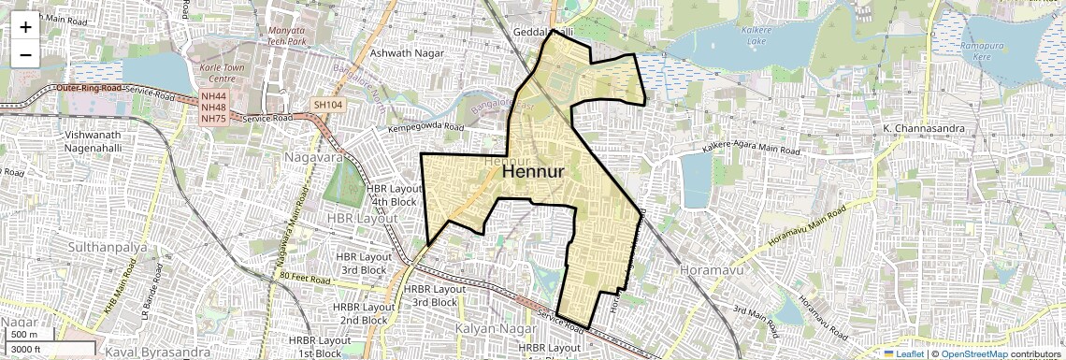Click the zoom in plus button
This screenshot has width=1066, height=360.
[x=25, y=26]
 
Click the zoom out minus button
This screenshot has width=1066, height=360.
[x=25, y=54]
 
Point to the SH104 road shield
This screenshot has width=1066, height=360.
[x=327, y=106]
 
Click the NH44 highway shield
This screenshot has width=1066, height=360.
[x=213, y=96]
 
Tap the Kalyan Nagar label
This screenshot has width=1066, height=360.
[x=495, y=329]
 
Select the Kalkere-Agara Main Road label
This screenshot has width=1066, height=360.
[x=752, y=150]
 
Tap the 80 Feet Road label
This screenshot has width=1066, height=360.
[x=305, y=279]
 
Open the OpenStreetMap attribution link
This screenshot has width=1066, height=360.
[x=973, y=353]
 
